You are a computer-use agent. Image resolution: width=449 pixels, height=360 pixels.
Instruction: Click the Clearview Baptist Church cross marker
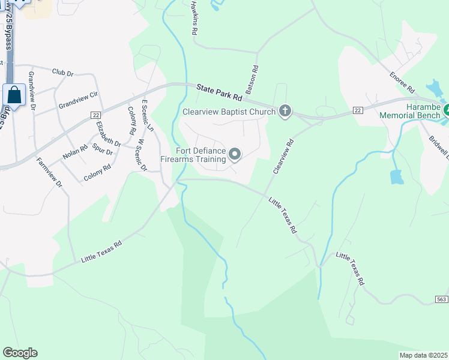[x=285, y=111]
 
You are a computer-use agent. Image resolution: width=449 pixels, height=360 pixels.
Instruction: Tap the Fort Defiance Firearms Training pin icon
[x=235, y=155]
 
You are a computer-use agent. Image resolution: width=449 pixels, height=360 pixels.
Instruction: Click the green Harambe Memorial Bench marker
[x=446, y=110]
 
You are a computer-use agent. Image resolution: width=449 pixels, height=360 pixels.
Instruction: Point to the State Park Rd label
[x=220, y=92]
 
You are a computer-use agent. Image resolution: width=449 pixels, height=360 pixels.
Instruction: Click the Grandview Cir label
[x=78, y=100]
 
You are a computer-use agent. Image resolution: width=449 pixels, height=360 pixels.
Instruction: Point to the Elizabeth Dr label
[x=108, y=134]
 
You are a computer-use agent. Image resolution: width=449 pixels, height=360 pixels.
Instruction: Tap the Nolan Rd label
[x=75, y=155]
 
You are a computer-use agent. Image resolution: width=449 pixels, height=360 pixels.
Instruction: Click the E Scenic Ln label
[x=147, y=116]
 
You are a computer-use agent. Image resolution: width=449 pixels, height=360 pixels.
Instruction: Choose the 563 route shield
[x=441, y=299]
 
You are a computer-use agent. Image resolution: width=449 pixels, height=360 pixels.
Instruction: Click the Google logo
[x=20, y=353]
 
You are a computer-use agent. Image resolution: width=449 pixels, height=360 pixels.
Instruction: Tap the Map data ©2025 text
[x=424, y=355]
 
